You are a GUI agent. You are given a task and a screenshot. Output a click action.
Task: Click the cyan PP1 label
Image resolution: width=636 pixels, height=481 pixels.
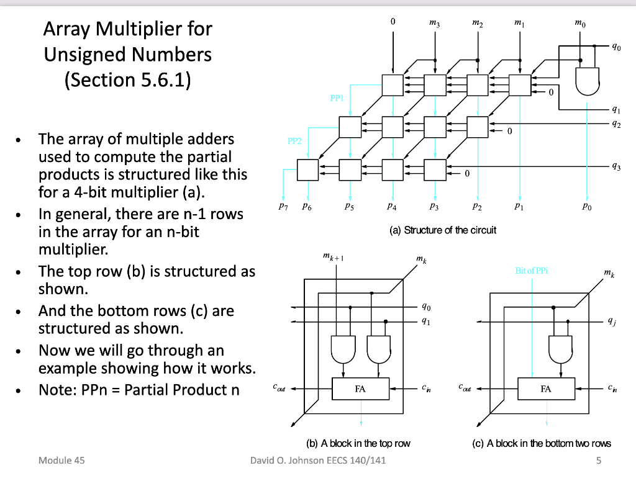(336, 98)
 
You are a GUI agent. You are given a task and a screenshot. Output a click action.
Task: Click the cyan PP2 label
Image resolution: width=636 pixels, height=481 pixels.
(294, 141)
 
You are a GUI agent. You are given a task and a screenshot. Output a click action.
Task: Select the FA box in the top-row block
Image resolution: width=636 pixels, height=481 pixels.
(361, 389)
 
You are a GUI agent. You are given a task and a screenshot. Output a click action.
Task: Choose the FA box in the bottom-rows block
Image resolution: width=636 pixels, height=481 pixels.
(546, 389)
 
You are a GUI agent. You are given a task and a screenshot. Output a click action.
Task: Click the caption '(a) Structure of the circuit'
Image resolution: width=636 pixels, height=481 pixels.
(443, 230)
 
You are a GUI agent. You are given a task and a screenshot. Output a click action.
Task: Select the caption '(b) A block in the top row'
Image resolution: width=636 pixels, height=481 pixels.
(358, 443)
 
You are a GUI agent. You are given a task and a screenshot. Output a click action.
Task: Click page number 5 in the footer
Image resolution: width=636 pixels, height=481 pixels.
(599, 461)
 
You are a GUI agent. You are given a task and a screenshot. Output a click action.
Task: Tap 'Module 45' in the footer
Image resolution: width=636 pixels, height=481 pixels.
(61, 461)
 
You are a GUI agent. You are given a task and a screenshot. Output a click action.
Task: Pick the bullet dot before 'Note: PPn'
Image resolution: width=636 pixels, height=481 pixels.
(22, 392)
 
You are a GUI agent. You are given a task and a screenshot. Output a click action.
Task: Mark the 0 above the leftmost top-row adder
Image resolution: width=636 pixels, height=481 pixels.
(393, 22)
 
